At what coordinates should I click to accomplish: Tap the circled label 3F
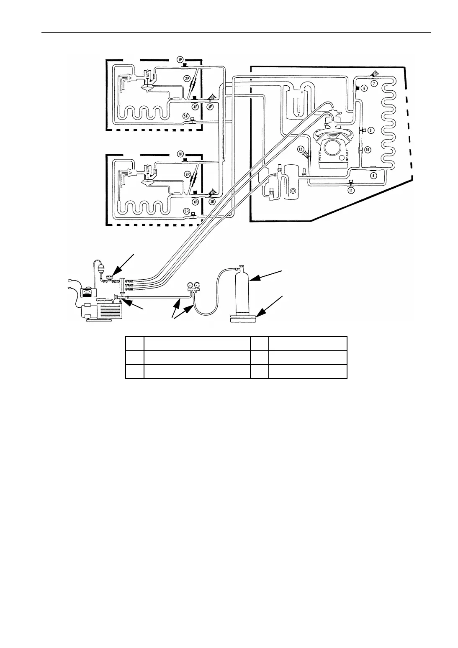tap(211, 107)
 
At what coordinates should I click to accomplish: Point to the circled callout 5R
tap(186, 212)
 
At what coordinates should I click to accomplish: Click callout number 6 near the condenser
tap(364, 88)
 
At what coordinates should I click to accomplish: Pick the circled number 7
tap(374, 83)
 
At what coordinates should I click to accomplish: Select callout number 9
tap(370, 130)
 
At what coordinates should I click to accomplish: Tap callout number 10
tap(367, 149)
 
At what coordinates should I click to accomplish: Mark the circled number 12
tap(301, 149)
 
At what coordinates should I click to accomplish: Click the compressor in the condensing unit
tap(334, 151)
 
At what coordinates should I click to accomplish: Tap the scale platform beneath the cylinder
tap(243, 320)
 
